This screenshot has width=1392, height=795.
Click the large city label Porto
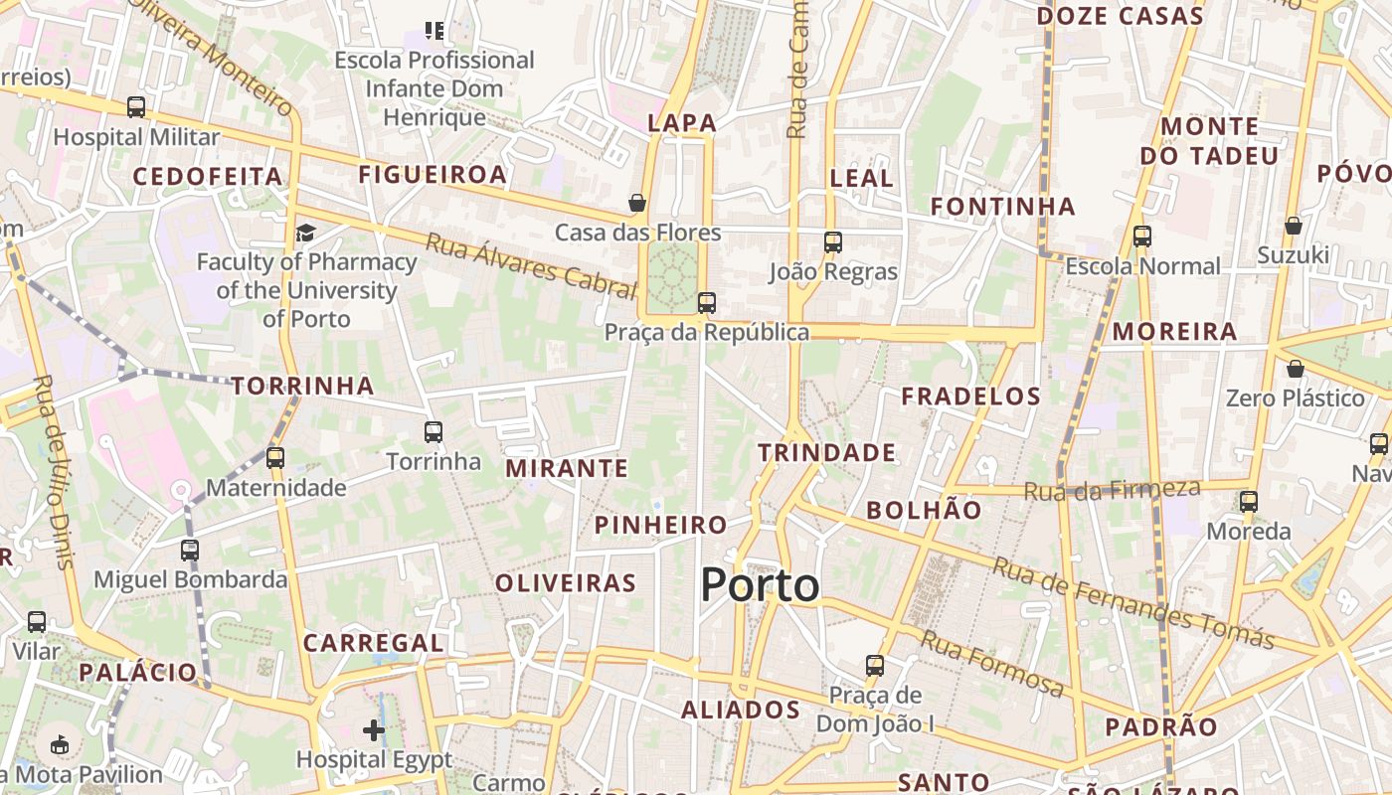tap(761, 585)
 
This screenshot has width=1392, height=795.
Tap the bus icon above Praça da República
tap(707, 302)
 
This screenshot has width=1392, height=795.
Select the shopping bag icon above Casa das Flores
tap(637, 204)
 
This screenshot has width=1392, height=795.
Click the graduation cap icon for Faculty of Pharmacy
tap(305, 233)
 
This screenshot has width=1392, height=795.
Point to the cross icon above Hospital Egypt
tap(374, 731)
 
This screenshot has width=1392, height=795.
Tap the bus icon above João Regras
tap(833, 241)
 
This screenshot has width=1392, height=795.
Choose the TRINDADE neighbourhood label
tap(826, 453)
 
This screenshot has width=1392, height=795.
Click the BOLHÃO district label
tap(924, 510)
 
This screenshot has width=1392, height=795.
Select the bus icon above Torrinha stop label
tap(433, 432)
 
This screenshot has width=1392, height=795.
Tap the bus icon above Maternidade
tap(275, 458)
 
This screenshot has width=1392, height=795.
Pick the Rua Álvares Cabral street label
tap(531, 265)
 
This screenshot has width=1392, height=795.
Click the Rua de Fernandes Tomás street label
tap(1132, 602)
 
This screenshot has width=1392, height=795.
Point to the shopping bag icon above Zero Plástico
tap(1295, 369)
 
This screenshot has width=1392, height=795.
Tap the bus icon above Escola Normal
tap(1142, 237)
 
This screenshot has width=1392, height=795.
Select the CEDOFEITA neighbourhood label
tap(208, 177)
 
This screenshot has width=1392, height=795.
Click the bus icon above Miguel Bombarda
tap(190, 550)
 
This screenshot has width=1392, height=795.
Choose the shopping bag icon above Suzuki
tap(1294, 226)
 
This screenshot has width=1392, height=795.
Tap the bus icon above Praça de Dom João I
tap(875, 665)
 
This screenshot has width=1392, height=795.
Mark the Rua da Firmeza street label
tap(1112, 489)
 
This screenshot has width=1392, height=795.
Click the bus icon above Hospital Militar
tap(136, 107)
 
